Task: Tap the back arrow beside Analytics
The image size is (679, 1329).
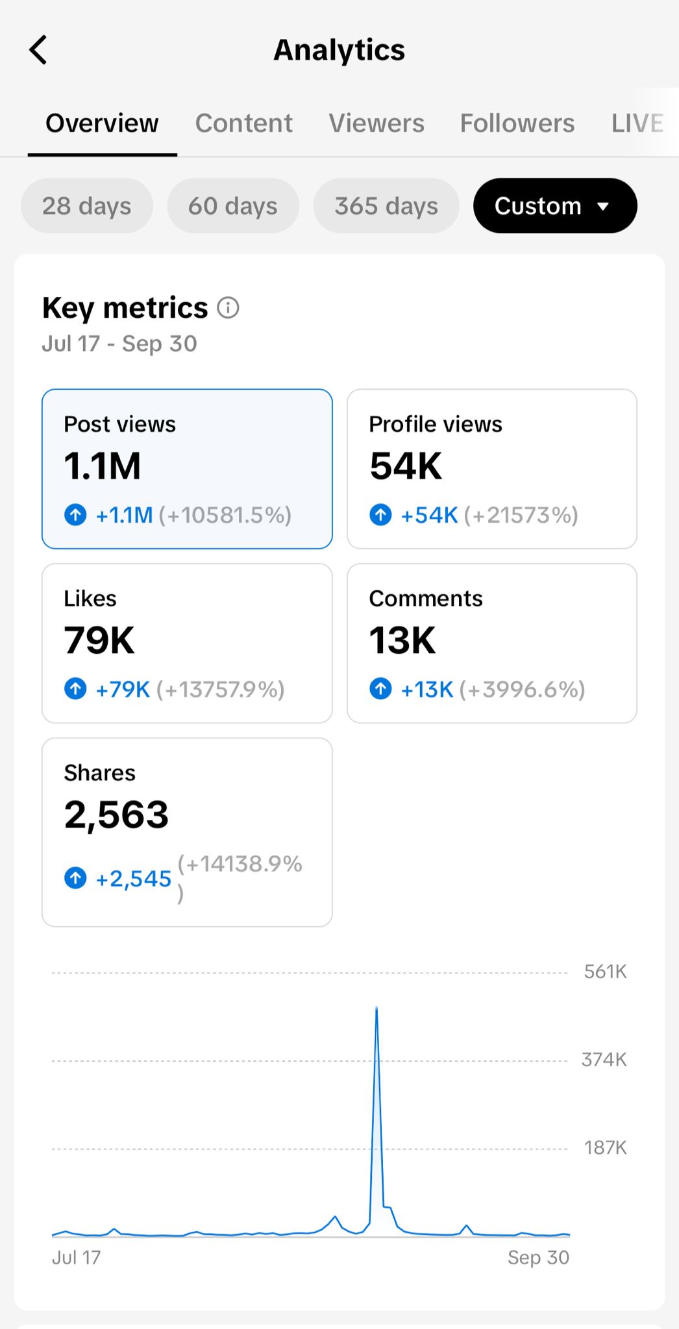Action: pyautogui.click(x=38, y=50)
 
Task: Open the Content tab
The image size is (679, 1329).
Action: pyautogui.click(x=243, y=123)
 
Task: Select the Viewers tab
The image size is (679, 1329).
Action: pyautogui.click(x=376, y=123)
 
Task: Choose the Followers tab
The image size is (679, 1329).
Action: pyautogui.click(x=517, y=123)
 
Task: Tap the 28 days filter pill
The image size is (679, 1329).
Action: pyautogui.click(x=87, y=206)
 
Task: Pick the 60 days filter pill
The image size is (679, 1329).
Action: pyautogui.click(x=233, y=206)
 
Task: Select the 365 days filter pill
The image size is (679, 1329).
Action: pyautogui.click(x=386, y=206)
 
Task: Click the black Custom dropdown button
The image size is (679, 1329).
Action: pyautogui.click(x=554, y=206)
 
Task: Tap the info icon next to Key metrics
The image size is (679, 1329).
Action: pyautogui.click(x=228, y=307)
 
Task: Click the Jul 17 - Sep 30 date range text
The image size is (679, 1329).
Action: pyautogui.click(x=119, y=344)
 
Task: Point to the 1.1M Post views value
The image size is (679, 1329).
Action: pyautogui.click(x=103, y=466)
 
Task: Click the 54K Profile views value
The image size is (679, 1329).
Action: pyautogui.click(x=406, y=466)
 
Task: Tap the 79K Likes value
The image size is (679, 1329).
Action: pyautogui.click(x=99, y=641)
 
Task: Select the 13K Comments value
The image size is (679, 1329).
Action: pyautogui.click(x=402, y=641)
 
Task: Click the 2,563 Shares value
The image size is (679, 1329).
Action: pyautogui.click(x=116, y=815)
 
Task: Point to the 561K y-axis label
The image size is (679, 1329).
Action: pyautogui.click(x=605, y=972)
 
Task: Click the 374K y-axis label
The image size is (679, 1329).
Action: pyautogui.click(x=604, y=1060)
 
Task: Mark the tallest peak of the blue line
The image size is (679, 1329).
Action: pyautogui.click(x=377, y=1007)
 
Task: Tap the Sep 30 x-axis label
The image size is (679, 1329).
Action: pyautogui.click(x=538, y=1258)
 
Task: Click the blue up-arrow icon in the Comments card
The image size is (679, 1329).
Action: pyautogui.click(x=380, y=688)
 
